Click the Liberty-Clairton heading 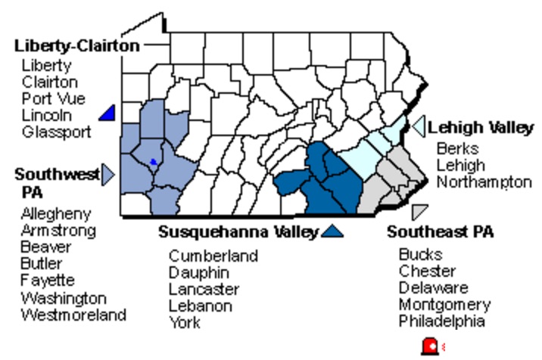pyautogui.click(x=76, y=46)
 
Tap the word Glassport pyautogui.click(x=56, y=132)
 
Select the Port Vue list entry pyautogui.click(x=53, y=98)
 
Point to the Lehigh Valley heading pyautogui.click(x=481, y=128)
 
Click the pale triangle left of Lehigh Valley pyautogui.click(x=417, y=127)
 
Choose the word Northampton pyautogui.click(x=484, y=182)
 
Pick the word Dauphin pyautogui.click(x=198, y=272)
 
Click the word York pyautogui.click(x=185, y=323)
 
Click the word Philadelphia pyautogui.click(x=442, y=321)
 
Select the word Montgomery pyautogui.click(x=444, y=305)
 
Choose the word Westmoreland pyautogui.click(x=73, y=315)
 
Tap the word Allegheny pyautogui.click(x=55, y=214)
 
